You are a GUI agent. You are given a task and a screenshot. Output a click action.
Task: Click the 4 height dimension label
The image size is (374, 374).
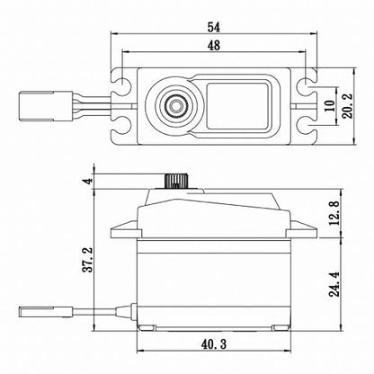pos(87,180)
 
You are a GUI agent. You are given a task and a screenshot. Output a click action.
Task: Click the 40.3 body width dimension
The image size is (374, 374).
pos(214,343)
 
